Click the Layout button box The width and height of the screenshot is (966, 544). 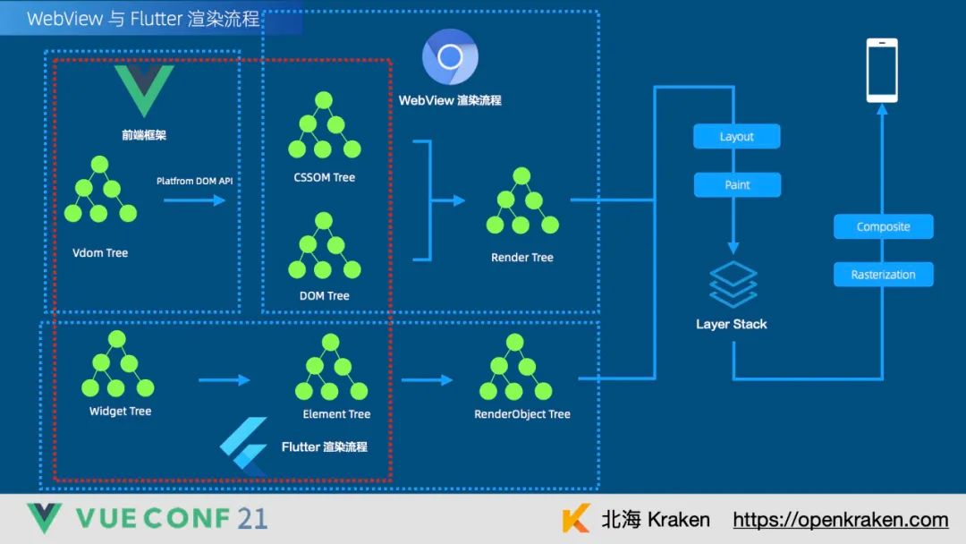(x=737, y=137)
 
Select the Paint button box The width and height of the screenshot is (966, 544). (x=737, y=185)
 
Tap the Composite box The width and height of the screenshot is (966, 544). (x=883, y=226)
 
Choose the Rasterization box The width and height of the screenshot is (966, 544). (x=883, y=275)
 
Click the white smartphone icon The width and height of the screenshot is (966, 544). (x=881, y=70)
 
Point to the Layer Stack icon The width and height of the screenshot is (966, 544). (x=733, y=285)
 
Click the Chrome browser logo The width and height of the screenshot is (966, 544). (x=450, y=58)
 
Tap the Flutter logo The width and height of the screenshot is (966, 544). (x=244, y=446)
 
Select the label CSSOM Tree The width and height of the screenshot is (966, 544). (x=324, y=177)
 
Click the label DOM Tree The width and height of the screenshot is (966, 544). (x=324, y=295)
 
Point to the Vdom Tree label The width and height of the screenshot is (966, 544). (x=100, y=253)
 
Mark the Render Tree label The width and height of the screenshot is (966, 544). (x=522, y=258)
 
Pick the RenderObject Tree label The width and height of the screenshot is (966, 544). (x=522, y=414)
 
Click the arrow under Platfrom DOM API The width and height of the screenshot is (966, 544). (x=194, y=200)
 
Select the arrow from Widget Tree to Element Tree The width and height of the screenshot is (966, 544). (x=224, y=380)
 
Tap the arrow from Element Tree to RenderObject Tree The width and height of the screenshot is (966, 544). (x=427, y=380)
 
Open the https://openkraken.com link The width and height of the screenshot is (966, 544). (x=840, y=520)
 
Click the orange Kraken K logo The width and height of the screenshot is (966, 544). (x=576, y=519)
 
